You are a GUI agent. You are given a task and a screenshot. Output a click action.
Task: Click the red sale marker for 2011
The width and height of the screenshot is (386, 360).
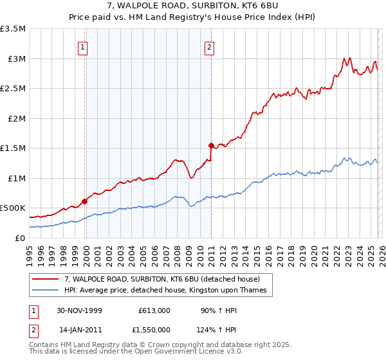(211, 145)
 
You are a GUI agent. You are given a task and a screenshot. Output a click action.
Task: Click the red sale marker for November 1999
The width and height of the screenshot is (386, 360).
(85, 201)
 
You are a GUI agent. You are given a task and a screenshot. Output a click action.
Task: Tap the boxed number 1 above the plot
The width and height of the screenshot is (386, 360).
(84, 46)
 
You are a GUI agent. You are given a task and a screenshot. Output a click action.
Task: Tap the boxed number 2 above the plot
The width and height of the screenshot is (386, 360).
(210, 46)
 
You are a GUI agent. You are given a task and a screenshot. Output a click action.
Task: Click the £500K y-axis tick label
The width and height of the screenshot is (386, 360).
(13, 208)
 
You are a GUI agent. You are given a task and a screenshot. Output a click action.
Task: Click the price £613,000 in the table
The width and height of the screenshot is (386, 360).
(154, 310)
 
